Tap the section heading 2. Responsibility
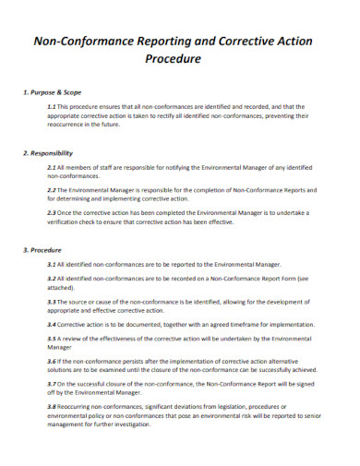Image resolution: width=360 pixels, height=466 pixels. tap(47, 152)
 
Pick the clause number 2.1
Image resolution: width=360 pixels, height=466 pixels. tap(52, 167)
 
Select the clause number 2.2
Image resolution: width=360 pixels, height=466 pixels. tap(52, 190)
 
